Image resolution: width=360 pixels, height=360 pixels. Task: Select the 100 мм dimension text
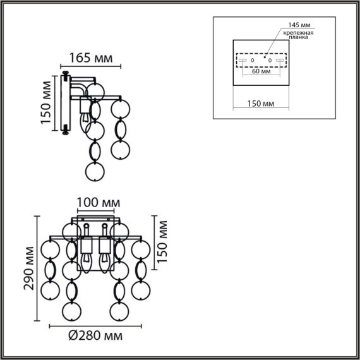click(98, 203)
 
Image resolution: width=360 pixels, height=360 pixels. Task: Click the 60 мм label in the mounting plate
click(261, 71)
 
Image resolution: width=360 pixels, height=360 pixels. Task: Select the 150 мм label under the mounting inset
click(260, 102)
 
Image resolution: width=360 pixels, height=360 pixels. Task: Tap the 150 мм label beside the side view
click(46, 104)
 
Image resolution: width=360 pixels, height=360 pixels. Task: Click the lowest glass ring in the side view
click(94, 171)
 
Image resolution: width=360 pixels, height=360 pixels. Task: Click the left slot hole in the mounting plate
click(242, 61)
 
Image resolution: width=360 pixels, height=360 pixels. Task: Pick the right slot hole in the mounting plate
click(280, 61)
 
